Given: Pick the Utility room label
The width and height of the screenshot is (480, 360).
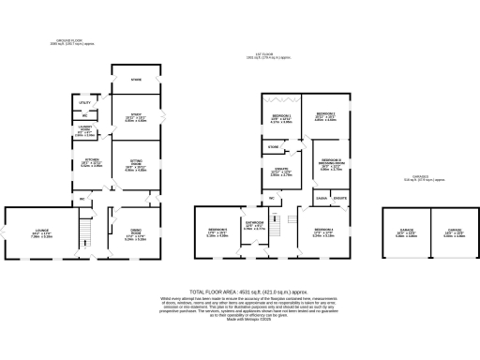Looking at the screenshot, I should pos(83,102).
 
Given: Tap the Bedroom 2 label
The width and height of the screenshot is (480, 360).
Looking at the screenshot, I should pos(326,117).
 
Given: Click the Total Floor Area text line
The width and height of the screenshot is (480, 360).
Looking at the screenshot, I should pos(240,292).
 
